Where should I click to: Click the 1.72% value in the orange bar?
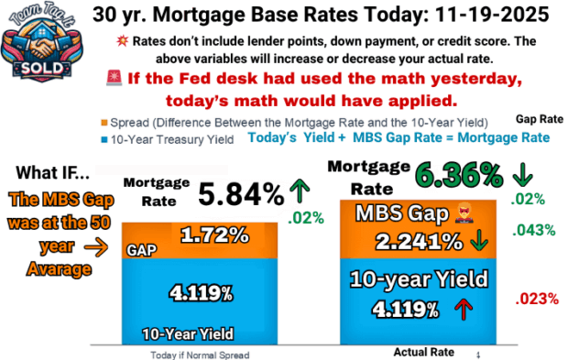[x=214, y=235]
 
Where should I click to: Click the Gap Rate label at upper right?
[x=539, y=119]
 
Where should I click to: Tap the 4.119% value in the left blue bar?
[x=201, y=293]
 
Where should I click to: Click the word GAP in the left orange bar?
[x=140, y=247]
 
